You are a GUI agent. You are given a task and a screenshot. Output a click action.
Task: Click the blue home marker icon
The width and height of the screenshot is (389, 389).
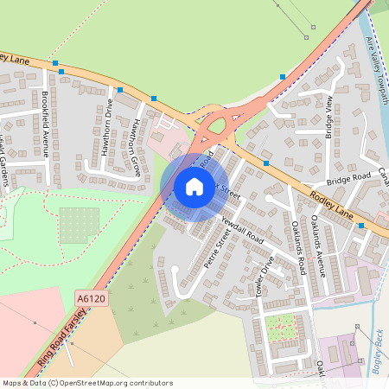tap(194, 186)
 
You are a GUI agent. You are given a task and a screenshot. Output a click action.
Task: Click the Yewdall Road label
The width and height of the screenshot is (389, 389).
tap(241, 227)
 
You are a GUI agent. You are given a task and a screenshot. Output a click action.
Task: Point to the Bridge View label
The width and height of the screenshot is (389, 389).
tap(329, 118)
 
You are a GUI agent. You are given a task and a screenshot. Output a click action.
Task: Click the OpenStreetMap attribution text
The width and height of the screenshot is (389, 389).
tap(86, 383)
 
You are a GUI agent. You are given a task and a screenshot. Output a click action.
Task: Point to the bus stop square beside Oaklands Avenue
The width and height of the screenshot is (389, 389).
tap(361, 226)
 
